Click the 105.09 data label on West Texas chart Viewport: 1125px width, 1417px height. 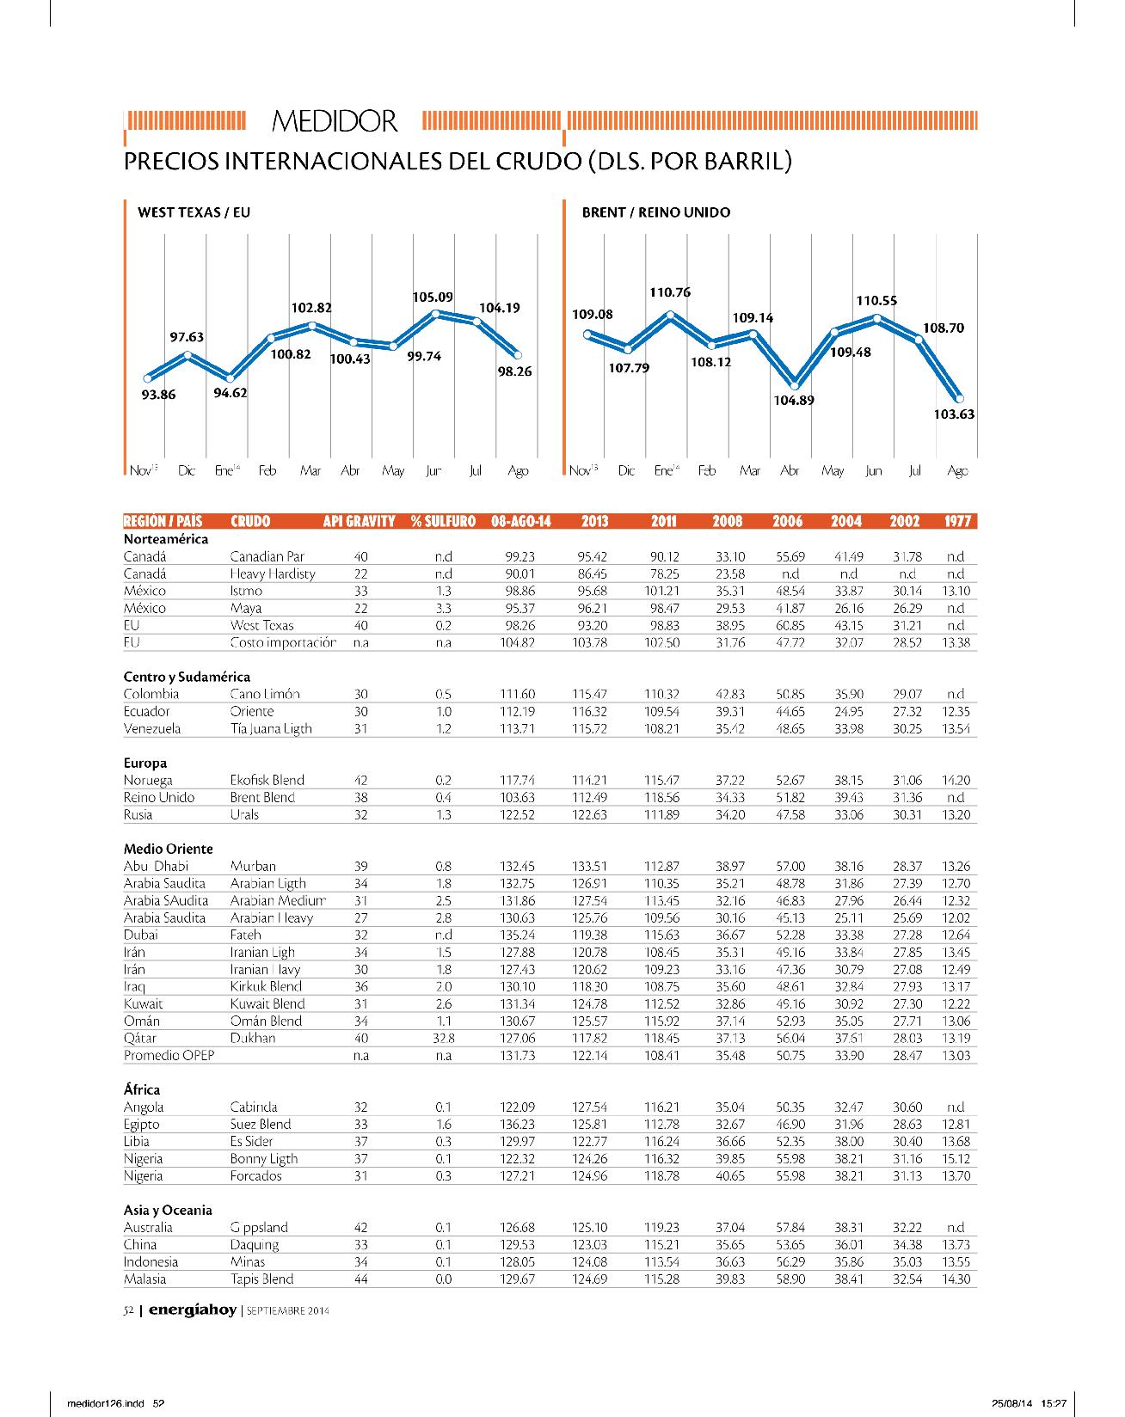433,298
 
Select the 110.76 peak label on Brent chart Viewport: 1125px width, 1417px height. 670,292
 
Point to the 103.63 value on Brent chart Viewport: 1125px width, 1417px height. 954,414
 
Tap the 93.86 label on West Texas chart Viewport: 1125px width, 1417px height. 157,396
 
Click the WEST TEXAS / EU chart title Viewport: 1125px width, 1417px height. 194,212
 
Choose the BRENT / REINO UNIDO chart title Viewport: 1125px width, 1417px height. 655,212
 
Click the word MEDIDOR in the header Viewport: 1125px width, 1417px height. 335,122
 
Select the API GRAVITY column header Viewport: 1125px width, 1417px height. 359,521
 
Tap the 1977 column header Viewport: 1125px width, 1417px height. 958,521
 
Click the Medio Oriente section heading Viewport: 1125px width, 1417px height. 168,849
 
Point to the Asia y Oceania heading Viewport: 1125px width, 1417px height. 168,1210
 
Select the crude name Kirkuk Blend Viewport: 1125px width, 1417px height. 266,986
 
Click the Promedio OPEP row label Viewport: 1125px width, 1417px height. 169,1055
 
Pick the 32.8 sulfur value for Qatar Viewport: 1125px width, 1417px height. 444,1038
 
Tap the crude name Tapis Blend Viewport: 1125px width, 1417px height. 261,1279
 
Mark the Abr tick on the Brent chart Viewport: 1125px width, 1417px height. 789,471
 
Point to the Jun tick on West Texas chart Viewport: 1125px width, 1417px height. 433,471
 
